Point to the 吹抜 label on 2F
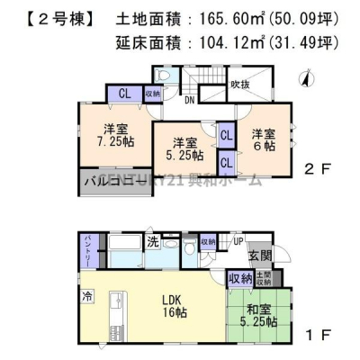tap(239, 86)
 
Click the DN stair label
tap(192, 101)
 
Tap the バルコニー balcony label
tap(112, 180)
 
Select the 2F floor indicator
tap(313, 168)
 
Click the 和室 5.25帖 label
tap(265, 319)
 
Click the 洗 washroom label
tap(153, 242)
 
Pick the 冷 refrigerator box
tap(87, 295)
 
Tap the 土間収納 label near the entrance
tap(264, 278)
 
